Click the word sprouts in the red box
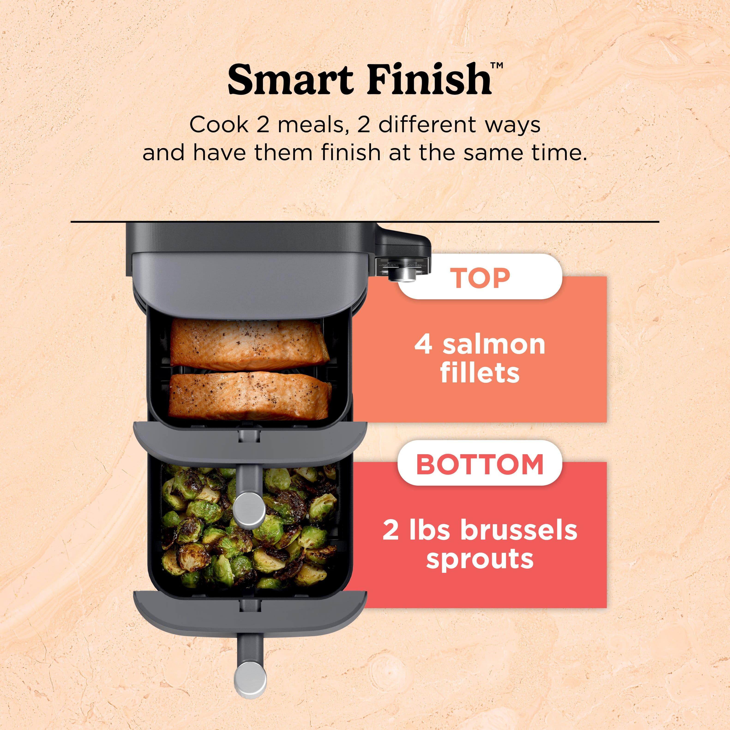(x=480, y=559)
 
